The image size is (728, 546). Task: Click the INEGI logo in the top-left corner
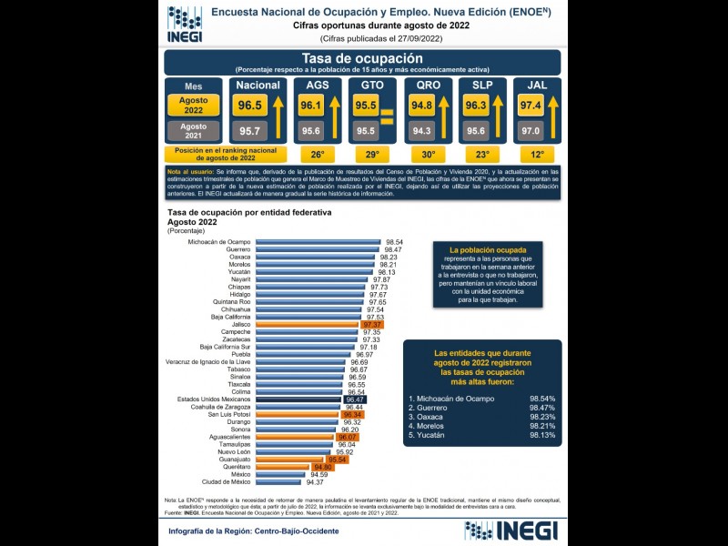click(x=184, y=24)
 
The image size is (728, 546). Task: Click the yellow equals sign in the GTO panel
click(x=387, y=117)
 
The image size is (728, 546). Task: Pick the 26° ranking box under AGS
click(x=318, y=155)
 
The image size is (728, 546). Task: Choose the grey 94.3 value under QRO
click(x=421, y=130)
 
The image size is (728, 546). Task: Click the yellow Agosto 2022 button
click(x=193, y=105)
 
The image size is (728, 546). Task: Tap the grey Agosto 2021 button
click(x=193, y=130)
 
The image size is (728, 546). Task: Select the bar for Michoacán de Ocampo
click(x=318, y=242)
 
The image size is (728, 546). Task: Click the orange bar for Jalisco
click(x=308, y=324)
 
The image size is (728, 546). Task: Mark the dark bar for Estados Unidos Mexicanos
click(x=299, y=399)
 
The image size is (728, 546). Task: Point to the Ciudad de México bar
click(x=279, y=481)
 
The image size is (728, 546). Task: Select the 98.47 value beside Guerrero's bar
click(x=393, y=249)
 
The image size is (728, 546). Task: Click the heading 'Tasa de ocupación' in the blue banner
click(x=361, y=58)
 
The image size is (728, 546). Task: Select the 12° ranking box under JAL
click(x=537, y=155)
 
